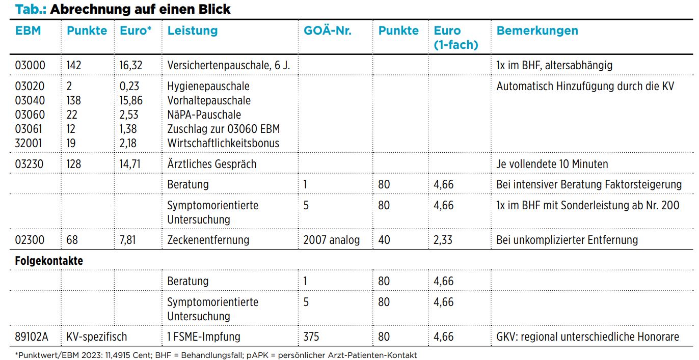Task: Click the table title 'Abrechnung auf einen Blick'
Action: tap(140, 9)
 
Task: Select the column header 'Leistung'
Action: tap(193, 31)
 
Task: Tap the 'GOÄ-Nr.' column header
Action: tap(328, 30)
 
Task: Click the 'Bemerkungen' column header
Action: tap(537, 31)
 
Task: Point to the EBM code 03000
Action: tap(30, 65)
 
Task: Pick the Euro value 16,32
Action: tap(131, 66)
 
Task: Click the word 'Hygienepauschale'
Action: tap(208, 86)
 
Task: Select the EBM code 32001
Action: tap(29, 143)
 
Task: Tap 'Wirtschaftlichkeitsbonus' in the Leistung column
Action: tap(223, 143)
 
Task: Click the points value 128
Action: tap(74, 164)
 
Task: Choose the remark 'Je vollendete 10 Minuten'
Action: tap(552, 164)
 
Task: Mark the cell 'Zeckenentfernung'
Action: tap(208, 240)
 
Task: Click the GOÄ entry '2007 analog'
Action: tap(331, 240)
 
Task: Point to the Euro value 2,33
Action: tap(443, 240)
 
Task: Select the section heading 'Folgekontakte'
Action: tap(49, 261)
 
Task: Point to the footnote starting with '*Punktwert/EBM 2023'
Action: tap(216, 355)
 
